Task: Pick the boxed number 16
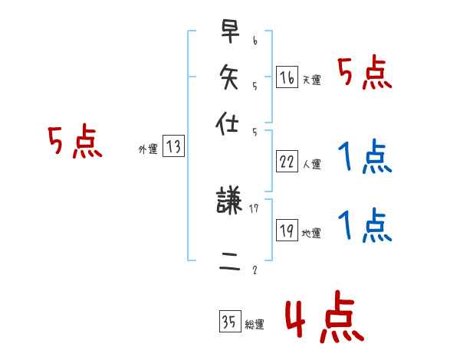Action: pyautogui.click(x=287, y=77)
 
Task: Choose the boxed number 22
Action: pyautogui.click(x=287, y=162)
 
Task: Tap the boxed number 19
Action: pyautogui.click(x=287, y=231)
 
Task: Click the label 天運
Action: pyautogui.click(x=312, y=80)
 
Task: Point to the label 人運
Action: pyautogui.click(x=312, y=164)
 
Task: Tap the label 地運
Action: pyautogui.click(x=312, y=233)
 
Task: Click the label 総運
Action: pyautogui.click(x=254, y=325)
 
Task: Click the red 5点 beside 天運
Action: pyautogui.click(x=365, y=74)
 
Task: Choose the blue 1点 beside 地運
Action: pyautogui.click(x=365, y=226)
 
